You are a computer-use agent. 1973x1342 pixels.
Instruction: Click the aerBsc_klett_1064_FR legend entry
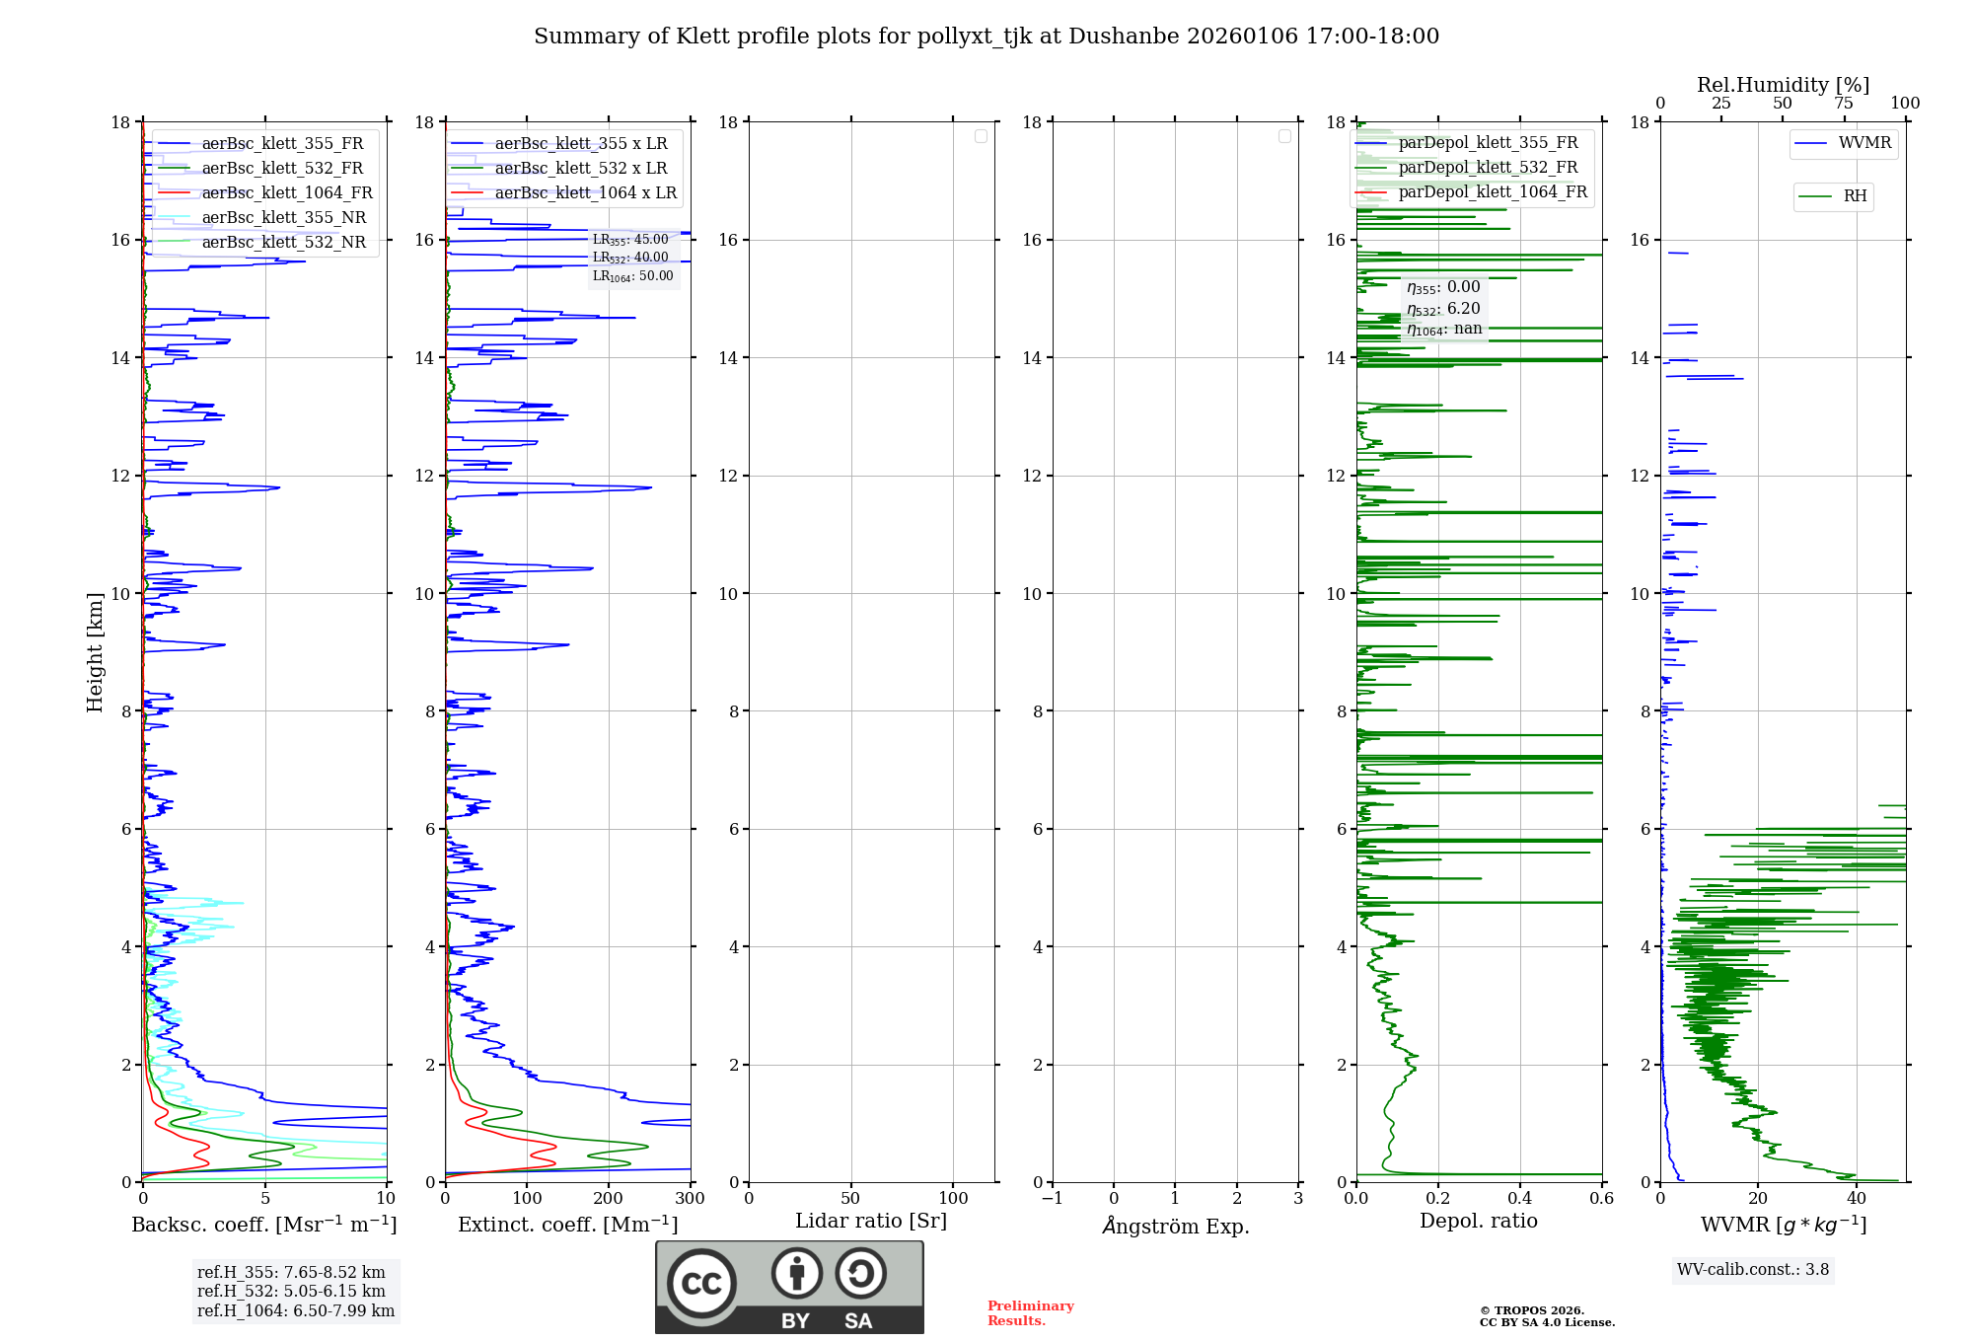click(x=286, y=193)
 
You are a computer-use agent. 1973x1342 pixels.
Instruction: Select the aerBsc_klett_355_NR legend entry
click(x=283, y=218)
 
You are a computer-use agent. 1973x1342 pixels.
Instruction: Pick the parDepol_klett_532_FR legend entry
click(x=1488, y=168)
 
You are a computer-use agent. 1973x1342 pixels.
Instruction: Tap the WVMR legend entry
click(x=1864, y=143)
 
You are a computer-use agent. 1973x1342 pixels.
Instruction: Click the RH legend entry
click(x=1855, y=196)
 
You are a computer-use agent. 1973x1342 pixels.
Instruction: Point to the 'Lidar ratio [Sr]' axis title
click(x=871, y=1221)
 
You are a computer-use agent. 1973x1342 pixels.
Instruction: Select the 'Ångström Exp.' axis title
click(x=1175, y=1227)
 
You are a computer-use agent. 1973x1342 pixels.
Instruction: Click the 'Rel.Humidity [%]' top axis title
click(x=1783, y=85)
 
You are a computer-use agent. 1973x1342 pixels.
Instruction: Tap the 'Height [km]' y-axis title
click(x=95, y=652)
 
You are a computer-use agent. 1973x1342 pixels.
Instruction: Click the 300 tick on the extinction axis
click(x=690, y=1199)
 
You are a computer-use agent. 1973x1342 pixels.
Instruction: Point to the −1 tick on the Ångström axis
click(x=1053, y=1199)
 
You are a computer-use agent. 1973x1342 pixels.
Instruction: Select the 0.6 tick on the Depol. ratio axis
click(x=1601, y=1199)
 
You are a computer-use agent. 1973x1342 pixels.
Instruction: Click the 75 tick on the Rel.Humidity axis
click(x=1843, y=104)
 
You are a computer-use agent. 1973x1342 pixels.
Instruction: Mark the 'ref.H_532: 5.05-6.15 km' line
click(x=291, y=1292)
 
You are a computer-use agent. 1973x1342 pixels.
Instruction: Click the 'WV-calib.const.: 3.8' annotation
click(x=1753, y=1270)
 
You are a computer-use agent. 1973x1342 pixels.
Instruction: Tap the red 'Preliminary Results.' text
click(x=1030, y=1313)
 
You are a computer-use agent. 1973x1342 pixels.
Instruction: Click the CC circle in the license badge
click(x=701, y=1284)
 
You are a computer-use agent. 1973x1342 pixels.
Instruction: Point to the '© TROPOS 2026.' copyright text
click(x=1531, y=1310)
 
